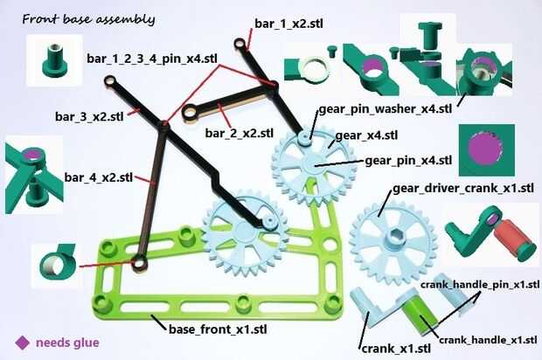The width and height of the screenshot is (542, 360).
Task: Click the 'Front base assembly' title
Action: click(x=88, y=19)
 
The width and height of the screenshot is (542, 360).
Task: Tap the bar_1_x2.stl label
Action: click(x=288, y=24)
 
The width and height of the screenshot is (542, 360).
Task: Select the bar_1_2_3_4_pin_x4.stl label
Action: click(x=152, y=59)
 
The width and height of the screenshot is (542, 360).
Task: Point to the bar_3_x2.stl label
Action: click(x=89, y=116)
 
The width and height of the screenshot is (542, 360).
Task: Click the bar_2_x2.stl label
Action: click(x=240, y=133)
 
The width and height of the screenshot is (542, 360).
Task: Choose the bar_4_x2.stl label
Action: click(x=99, y=177)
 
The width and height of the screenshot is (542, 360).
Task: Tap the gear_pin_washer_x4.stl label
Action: click(x=385, y=109)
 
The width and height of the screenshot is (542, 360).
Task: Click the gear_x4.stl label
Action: click(x=366, y=135)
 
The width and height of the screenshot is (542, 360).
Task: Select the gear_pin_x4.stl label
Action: click(x=408, y=161)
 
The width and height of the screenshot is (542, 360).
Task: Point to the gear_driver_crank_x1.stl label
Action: click(x=463, y=189)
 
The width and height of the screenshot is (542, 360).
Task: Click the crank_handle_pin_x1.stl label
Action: click(x=480, y=285)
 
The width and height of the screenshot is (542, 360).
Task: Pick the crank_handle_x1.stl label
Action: click(x=488, y=340)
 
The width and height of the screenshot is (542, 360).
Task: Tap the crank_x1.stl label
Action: click(x=396, y=349)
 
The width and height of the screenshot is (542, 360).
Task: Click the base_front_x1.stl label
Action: click(x=218, y=329)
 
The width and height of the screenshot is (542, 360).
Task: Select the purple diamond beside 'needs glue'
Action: click(x=23, y=343)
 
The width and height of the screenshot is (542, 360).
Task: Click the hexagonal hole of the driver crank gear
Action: click(x=393, y=237)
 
